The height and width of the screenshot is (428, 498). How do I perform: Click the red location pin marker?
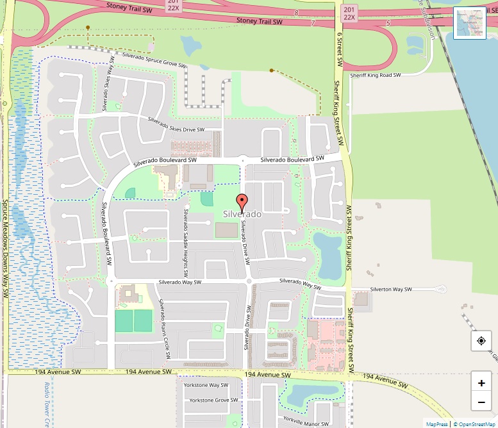tap(242, 201)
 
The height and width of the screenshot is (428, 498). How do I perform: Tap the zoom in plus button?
tap(481, 383)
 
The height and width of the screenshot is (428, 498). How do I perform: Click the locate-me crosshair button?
tap(481, 341)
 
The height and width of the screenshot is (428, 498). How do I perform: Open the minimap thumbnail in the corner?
tap(470, 23)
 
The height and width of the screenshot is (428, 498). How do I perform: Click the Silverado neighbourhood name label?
tap(242, 214)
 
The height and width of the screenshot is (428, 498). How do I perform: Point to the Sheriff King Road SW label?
tap(375, 75)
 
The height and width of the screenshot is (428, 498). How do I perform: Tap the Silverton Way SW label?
tap(390, 290)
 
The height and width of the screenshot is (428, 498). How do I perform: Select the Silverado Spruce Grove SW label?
tap(154, 61)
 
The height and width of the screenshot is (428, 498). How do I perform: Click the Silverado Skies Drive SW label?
tap(176, 124)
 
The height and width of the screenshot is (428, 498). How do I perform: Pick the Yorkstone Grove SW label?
tap(206, 400)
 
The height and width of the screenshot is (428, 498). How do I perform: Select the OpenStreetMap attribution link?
tap(476, 424)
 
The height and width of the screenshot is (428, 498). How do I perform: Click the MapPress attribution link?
tap(437, 424)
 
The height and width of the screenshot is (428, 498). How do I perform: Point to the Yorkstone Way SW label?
tap(206, 386)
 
